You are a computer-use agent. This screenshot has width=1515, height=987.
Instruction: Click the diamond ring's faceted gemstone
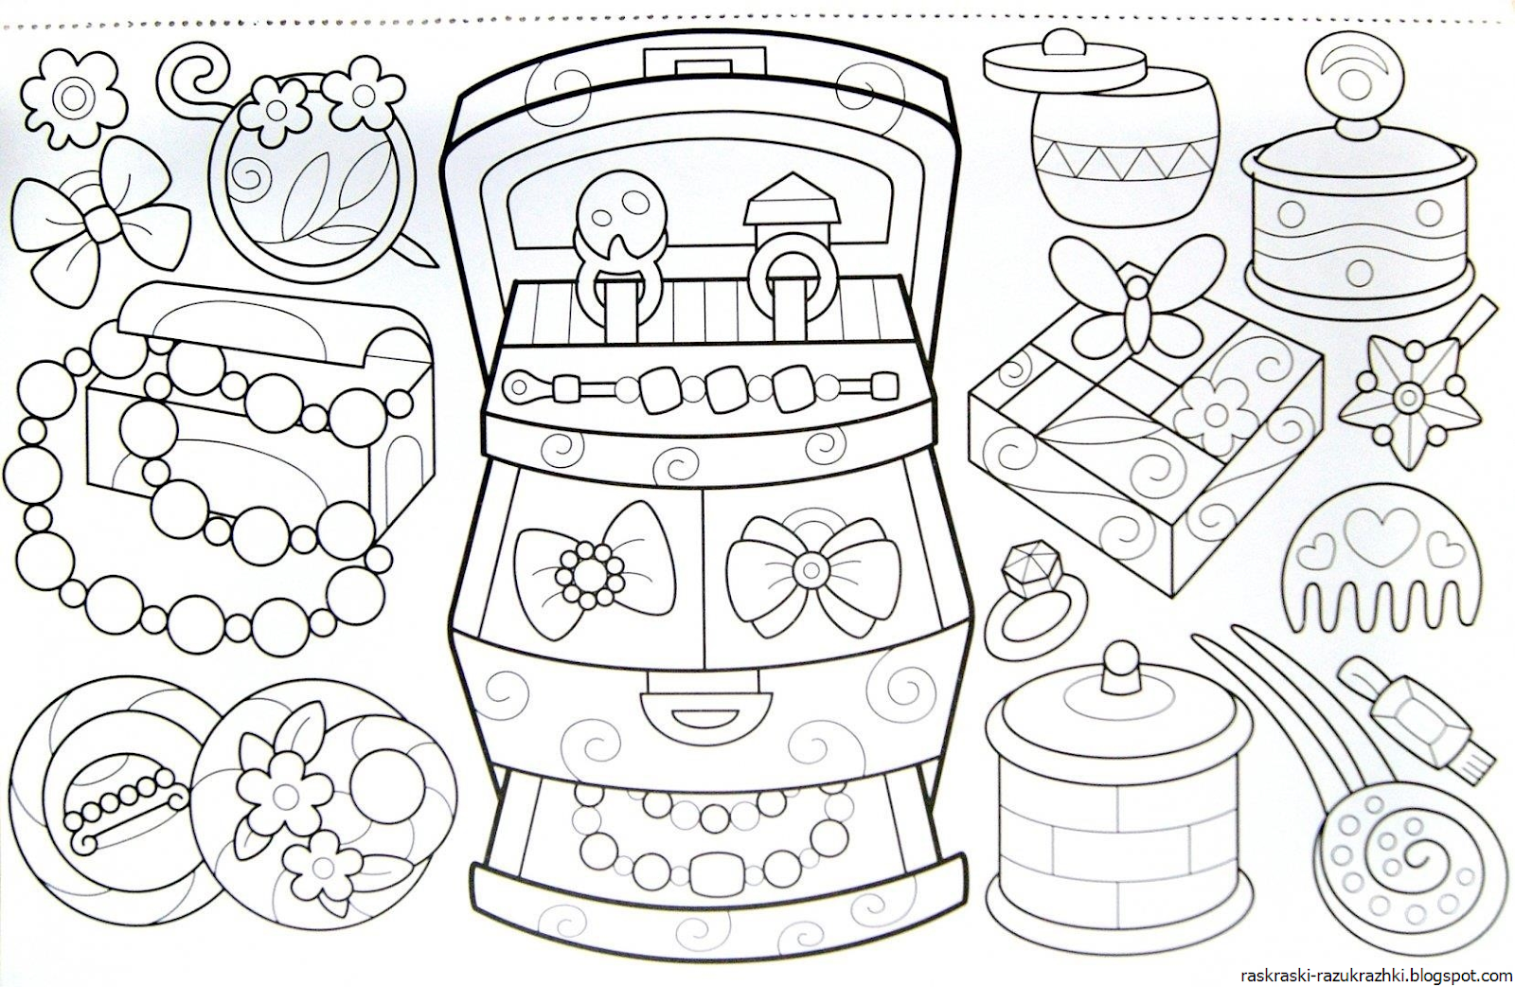(x=1027, y=567)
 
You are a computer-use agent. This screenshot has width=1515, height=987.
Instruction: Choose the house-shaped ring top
(x=789, y=206)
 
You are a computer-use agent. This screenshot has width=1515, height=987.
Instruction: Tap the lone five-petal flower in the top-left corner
(x=73, y=99)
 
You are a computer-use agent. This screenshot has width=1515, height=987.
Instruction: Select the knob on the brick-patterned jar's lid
(x=1122, y=666)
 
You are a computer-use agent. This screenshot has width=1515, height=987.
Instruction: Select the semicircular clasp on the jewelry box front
(x=707, y=708)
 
